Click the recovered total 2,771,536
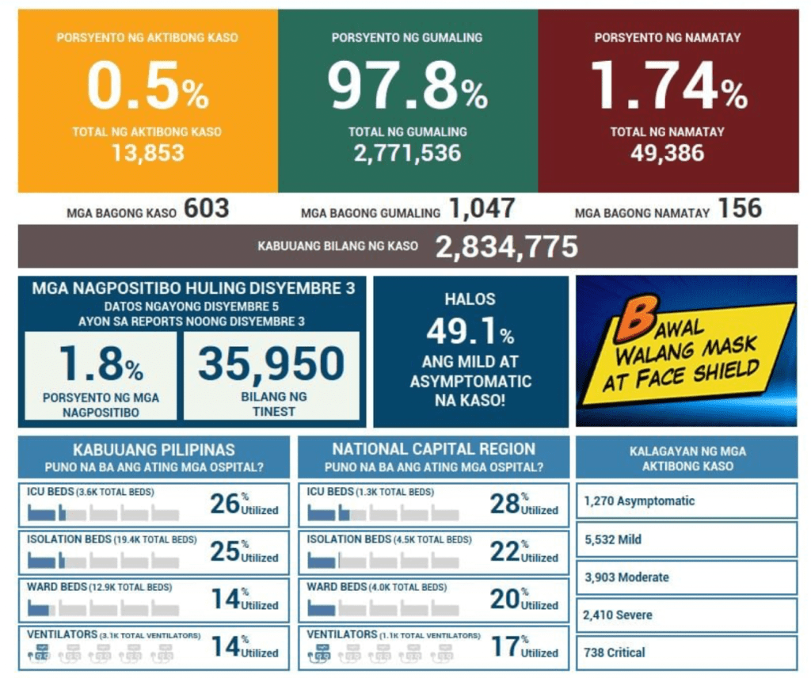click(x=408, y=152)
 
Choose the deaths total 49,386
click(x=668, y=152)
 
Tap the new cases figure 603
click(x=207, y=209)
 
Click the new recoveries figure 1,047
click(x=482, y=209)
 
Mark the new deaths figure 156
click(x=740, y=209)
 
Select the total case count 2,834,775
click(x=507, y=247)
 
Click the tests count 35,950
click(x=271, y=364)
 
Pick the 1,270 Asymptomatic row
click(x=686, y=501)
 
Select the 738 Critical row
click(x=686, y=653)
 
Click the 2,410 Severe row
click(x=686, y=615)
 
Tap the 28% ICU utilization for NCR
click(x=523, y=504)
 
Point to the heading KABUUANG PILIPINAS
click(x=154, y=449)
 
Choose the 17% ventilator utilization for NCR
click(x=523, y=647)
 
